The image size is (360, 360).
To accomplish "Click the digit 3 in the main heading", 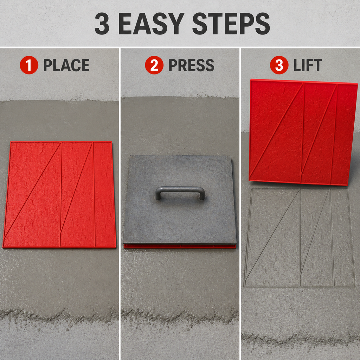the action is tap(102, 24).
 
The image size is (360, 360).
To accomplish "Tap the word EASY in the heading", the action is tap(152, 24).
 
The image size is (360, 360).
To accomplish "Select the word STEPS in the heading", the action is tap(231, 24).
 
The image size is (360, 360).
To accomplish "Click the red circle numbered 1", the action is tap(29, 65).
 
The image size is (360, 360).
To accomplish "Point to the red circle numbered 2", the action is tap(154, 65).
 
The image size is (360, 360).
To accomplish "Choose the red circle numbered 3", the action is tap(279, 65).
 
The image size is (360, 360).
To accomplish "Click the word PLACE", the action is tap(66, 65).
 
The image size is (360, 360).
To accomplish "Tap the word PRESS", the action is tap(191, 65).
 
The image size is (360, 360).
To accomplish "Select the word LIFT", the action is tap(308, 65).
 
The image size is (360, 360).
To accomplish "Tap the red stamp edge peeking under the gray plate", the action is tap(180, 246).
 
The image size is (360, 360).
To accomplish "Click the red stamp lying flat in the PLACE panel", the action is tap(59, 195).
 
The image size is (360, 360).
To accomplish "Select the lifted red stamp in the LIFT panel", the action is tap(303, 132).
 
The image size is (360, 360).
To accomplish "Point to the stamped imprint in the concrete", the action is tap(300, 238).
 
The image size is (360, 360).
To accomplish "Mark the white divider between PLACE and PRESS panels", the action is tap(120, 204).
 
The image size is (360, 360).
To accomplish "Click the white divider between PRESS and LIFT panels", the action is tap(240, 204).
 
